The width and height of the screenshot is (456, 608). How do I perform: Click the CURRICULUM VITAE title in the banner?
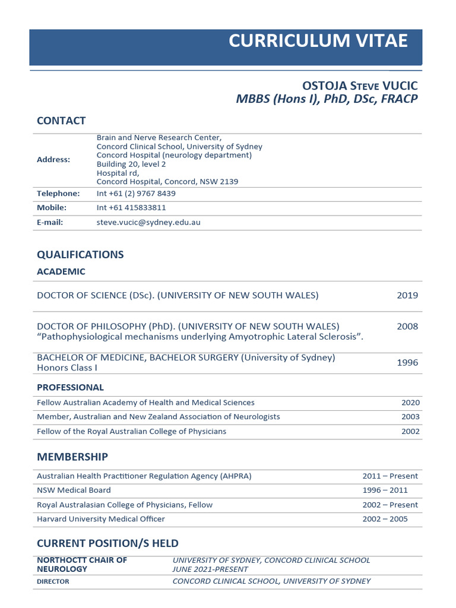click(318, 41)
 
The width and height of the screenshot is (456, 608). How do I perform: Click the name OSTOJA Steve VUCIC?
click(360, 85)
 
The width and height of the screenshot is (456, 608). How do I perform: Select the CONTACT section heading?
click(61, 121)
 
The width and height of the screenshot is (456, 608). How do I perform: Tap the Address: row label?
click(53, 160)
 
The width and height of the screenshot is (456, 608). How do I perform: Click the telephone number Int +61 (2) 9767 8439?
click(136, 194)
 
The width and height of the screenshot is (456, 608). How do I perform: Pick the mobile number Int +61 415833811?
click(131, 208)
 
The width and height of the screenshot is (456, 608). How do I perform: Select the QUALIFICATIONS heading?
click(80, 255)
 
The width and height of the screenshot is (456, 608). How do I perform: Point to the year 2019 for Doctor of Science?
click(407, 295)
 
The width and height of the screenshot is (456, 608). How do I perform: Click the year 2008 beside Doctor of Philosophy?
click(407, 326)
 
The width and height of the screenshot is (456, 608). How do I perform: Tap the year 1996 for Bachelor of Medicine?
click(407, 362)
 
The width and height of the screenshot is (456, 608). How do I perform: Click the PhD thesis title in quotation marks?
click(200, 337)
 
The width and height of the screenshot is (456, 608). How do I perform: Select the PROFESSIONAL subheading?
click(70, 388)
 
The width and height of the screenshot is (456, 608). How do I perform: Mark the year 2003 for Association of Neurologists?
click(410, 417)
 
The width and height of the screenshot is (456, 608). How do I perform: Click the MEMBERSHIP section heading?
click(72, 457)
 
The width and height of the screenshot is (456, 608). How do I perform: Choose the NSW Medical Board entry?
click(74, 490)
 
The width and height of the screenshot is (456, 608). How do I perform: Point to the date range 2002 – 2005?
click(385, 519)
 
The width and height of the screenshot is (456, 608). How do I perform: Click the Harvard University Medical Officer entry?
click(101, 519)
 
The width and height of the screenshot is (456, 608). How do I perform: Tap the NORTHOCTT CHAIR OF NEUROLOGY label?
click(82, 565)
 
